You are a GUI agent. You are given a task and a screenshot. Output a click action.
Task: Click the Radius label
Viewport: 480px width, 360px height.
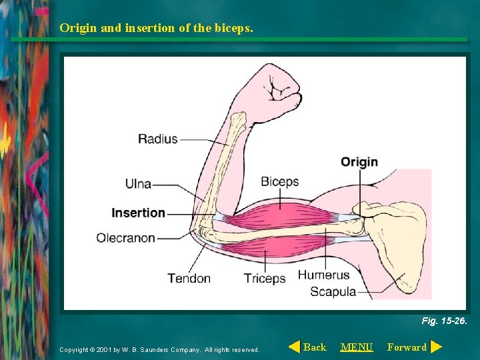click(157, 139)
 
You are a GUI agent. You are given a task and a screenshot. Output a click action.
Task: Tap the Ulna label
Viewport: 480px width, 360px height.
click(138, 183)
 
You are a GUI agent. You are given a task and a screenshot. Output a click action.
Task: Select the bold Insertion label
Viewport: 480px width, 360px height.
click(138, 213)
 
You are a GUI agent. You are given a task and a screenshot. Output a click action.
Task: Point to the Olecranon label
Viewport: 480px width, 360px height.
click(125, 237)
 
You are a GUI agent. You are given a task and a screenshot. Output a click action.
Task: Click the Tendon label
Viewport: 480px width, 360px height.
click(189, 278)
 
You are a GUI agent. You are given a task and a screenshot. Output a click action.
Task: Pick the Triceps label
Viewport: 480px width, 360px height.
click(264, 278)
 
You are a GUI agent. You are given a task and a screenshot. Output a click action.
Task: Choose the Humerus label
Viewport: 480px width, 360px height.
click(323, 275)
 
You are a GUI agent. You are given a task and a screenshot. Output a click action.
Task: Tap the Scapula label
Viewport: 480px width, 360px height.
click(333, 291)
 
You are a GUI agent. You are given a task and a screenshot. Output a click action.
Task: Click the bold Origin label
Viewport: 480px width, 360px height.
click(359, 161)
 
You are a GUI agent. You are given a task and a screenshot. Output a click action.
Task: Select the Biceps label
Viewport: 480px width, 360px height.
click(279, 181)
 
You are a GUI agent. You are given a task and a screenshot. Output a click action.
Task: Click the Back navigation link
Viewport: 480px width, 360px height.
click(315, 347)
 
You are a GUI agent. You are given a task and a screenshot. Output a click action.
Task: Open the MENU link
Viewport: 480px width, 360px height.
click(357, 347)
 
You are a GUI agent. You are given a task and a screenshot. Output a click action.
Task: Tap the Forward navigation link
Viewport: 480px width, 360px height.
click(407, 347)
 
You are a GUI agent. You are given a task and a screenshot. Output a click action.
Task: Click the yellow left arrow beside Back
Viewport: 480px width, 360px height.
click(294, 347)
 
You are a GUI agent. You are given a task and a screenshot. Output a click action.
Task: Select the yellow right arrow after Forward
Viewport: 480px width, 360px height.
click(436, 347)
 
